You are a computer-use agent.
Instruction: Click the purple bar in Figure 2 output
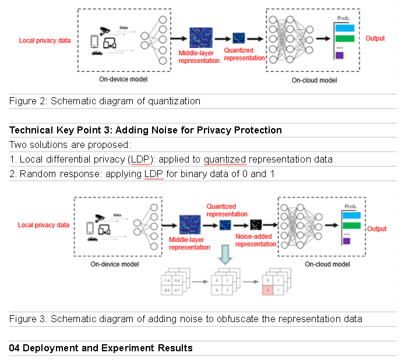[339, 56]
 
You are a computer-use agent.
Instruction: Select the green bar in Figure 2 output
[345, 38]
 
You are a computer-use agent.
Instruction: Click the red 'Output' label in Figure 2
[375, 38]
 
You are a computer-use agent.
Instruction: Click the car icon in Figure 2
[97, 53]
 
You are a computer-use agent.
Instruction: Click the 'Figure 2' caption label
[27, 101]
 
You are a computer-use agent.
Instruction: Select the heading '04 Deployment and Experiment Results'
[101, 348]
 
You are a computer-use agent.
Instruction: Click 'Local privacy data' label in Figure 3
[44, 225]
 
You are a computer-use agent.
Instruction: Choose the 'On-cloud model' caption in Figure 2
[314, 80]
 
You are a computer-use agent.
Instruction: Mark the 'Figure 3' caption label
[27, 319]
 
